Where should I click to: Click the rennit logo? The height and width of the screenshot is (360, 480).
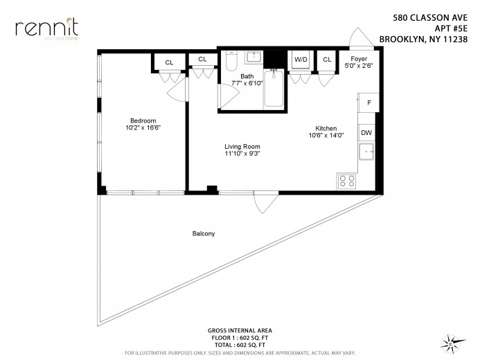pyautogui.click(x=46, y=28)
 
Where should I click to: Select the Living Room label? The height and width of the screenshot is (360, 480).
pyautogui.click(x=241, y=146)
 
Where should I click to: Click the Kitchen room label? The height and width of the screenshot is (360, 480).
pyautogui.click(x=326, y=128)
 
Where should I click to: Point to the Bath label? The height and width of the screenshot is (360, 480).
pyautogui.click(x=247, y=76)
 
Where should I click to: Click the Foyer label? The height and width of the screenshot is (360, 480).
pyautogui.click(x=359, y=59)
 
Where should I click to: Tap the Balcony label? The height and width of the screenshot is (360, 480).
pyautogui.click(x=203, y=234)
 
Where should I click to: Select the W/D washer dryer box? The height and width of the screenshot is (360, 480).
pyautogui.click(x=301, y=60)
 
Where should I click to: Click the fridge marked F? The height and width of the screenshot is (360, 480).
pyautogui.click(x=369, y=102)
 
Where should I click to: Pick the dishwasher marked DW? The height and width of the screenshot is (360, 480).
pyautogui.click(x=367, y=133)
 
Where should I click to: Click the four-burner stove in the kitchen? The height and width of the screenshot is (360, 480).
pyautogui.click(x=346, y=181)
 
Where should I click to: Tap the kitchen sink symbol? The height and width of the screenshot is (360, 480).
pyautogui.click(x=366, y=152)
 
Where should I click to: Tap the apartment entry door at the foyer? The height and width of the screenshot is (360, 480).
pyautogui.click(x=362, y=39)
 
